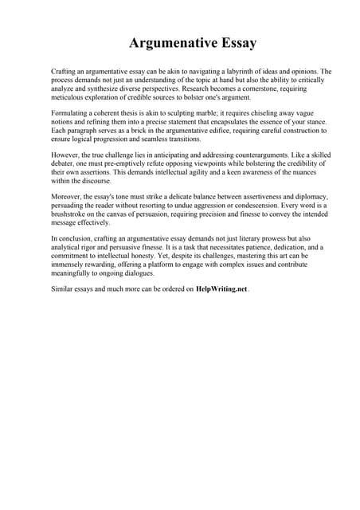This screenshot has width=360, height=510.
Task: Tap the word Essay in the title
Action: (232, 41)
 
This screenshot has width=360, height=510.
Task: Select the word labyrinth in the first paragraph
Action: (237, 72)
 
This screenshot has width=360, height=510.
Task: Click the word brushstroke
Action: (70, 215)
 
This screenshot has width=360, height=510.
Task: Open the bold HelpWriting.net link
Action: (221, 289)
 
